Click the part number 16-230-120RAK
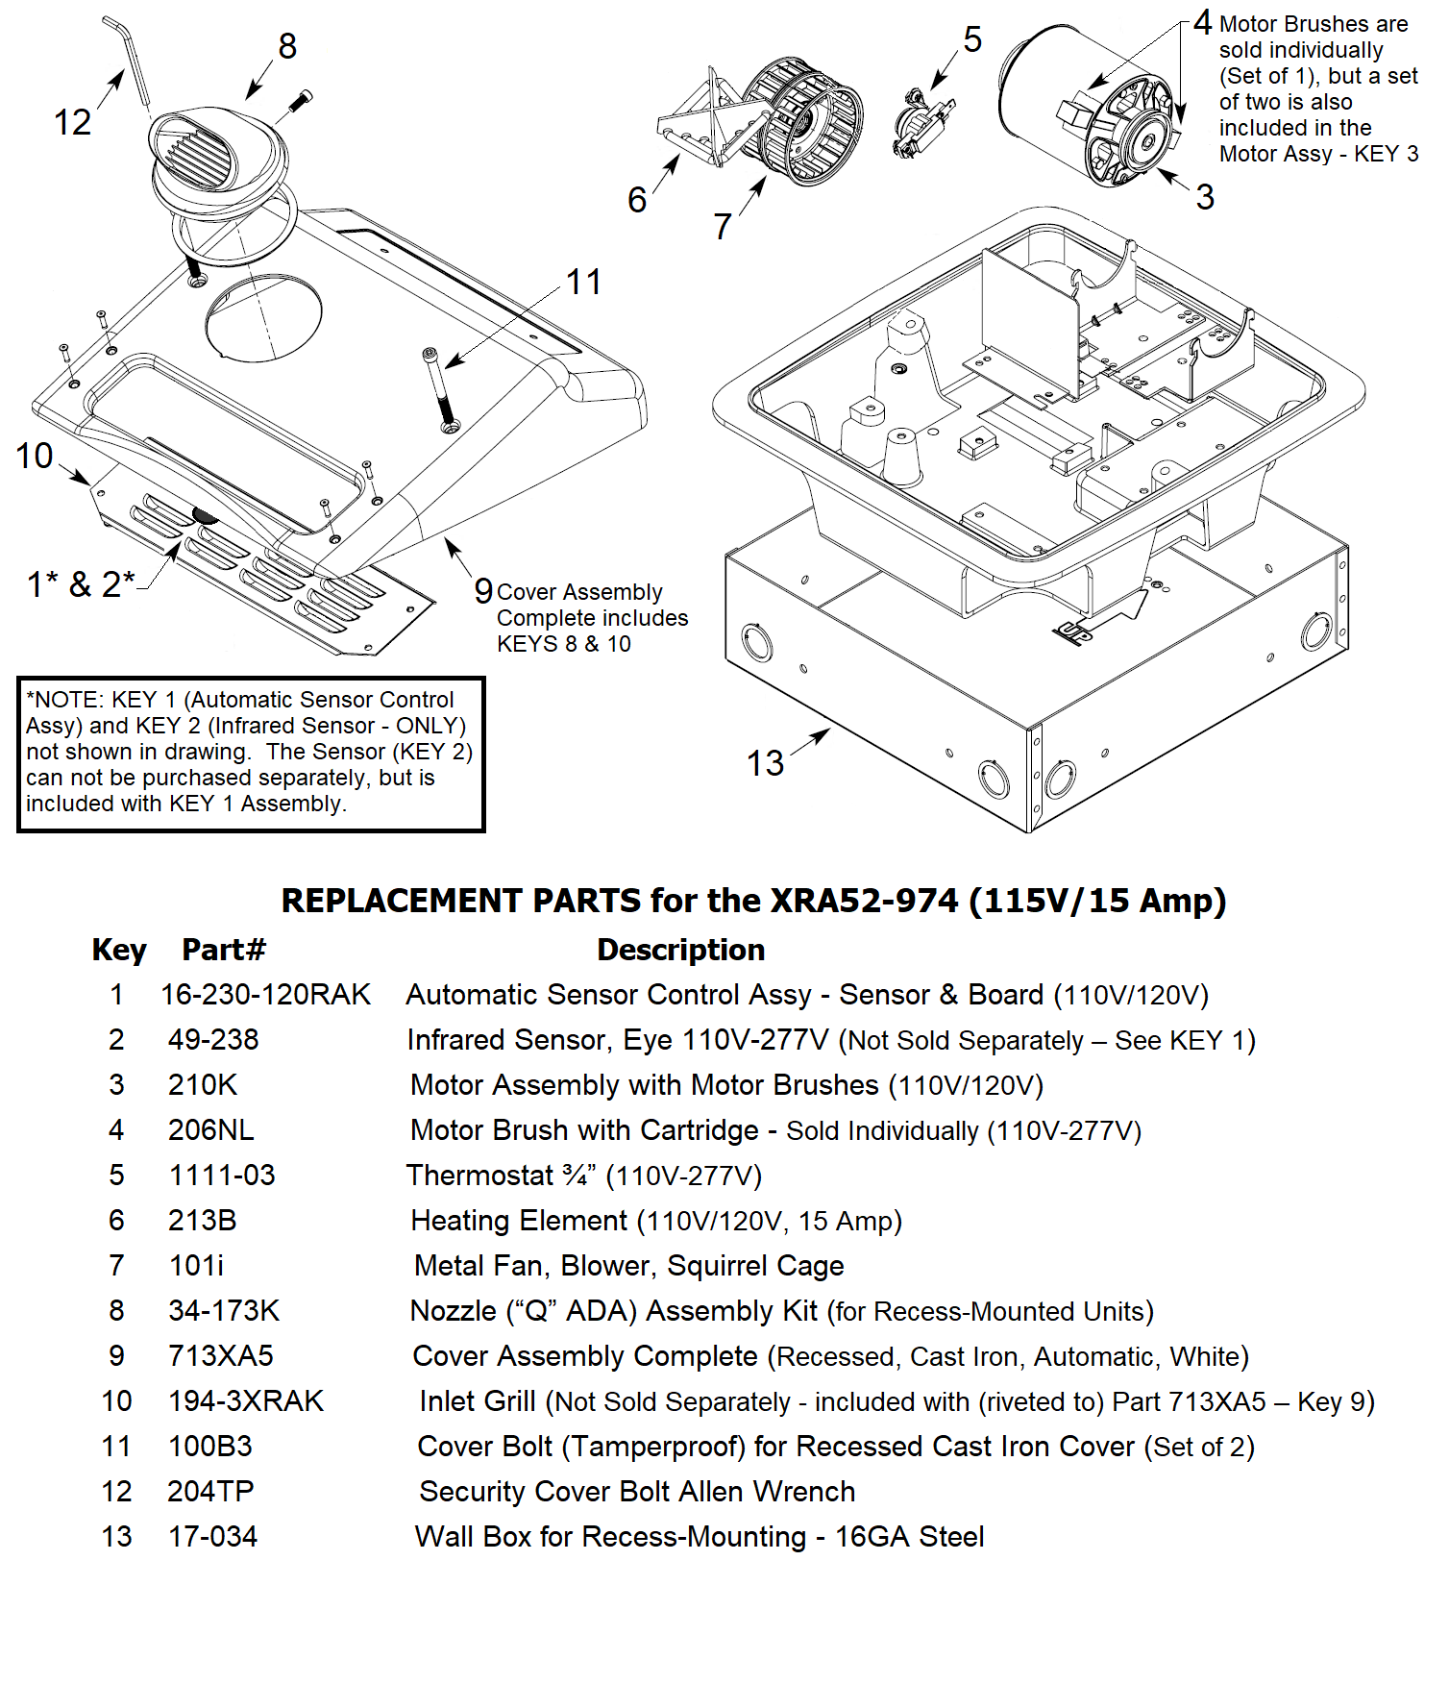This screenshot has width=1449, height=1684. point(265,994)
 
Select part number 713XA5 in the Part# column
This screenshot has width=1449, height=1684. point(221,1355)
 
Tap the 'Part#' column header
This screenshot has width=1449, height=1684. point(223,950)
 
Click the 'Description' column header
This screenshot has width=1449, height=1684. point(680,950)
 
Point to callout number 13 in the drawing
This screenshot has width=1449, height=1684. point(765,763)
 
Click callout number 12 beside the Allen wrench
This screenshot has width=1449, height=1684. point(72,122)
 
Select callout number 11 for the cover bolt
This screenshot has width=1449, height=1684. point(583,282)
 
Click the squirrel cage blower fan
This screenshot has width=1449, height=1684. point(805,120)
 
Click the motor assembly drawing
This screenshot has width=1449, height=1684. point(1086,106)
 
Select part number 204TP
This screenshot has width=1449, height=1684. point(210,1491)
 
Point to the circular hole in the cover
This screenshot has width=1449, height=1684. point(263,318)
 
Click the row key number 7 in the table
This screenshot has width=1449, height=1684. point(116,1265)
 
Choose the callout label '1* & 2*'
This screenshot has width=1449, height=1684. point(81,583)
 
